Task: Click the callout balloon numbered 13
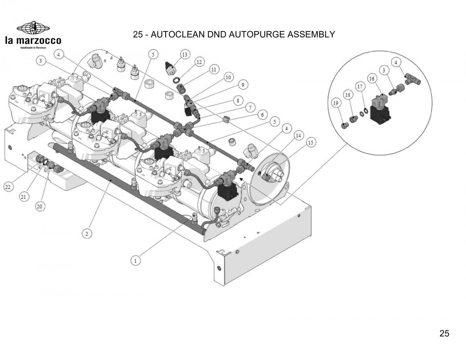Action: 185,55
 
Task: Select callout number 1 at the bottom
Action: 135,261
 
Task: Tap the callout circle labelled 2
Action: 87,234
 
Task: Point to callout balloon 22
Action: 8,187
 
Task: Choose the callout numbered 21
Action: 24,197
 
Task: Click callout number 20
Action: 40,207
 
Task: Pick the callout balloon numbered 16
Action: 372,79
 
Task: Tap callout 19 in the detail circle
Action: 336,103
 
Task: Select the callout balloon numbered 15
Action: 311,143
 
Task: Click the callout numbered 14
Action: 298,135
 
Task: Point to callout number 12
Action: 199,62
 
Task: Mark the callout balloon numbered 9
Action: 243,85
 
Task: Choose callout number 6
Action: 262,115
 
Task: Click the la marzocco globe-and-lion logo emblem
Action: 33,28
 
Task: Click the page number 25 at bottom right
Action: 444,333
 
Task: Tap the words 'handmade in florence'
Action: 33,48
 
